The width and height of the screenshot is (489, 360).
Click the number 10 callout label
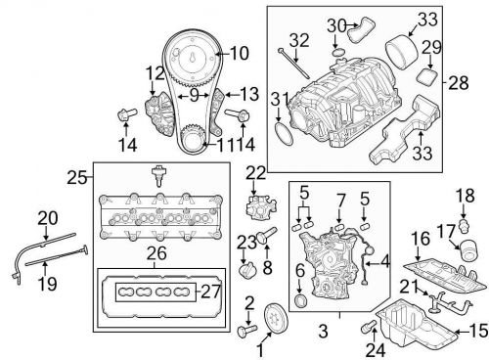tap(240, 54)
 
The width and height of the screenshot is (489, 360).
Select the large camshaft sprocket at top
tap(193, 59)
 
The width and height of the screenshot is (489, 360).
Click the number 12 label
tap(156, 73)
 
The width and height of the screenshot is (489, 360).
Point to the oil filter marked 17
tap(467, 250)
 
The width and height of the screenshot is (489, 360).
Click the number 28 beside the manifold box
tap(459, 82)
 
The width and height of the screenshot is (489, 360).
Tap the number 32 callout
tap(299, 40)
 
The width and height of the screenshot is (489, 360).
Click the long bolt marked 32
tap(293, 64)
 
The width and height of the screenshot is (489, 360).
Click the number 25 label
tap(77, 178)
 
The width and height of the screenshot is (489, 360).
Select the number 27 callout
tap(211, 292)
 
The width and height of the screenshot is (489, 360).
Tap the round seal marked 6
tap(300, 300)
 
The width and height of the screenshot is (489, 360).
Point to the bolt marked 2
tap(247, 331)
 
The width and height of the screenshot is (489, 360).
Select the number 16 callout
tap(421, 239)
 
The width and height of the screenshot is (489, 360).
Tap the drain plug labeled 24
tap(369, 327)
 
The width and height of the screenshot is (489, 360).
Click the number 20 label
tap(48, 218)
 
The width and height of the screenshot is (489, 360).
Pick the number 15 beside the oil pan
tap(479, 332)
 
